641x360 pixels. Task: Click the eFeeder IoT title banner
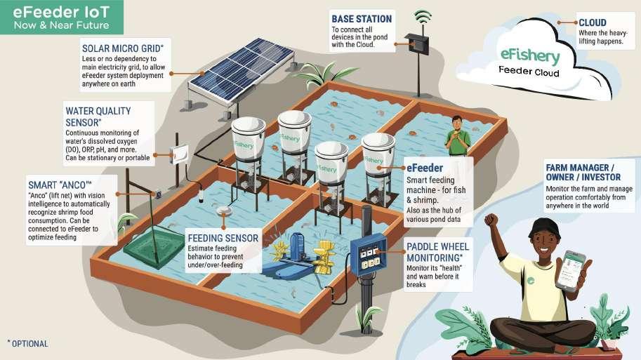click(62, 17)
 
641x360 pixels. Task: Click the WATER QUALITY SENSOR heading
click(98, 116)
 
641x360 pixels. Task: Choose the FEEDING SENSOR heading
click(223, 239)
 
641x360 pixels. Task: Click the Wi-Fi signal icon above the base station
click(422, 17)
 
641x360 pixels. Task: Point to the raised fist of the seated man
click(491, 220)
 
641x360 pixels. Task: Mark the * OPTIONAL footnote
click(27, 344)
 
